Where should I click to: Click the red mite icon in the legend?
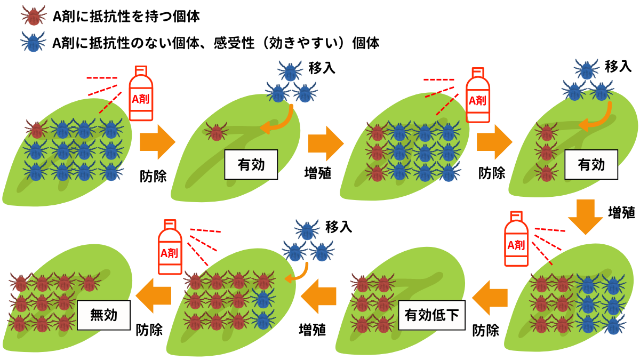(34, 16)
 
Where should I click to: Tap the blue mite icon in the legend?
(34, 41)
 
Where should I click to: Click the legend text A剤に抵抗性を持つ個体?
(126, 17)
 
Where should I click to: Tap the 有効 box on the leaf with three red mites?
(591, 164)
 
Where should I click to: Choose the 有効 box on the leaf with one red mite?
(252, 164)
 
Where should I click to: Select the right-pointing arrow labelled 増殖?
(326, 143)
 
